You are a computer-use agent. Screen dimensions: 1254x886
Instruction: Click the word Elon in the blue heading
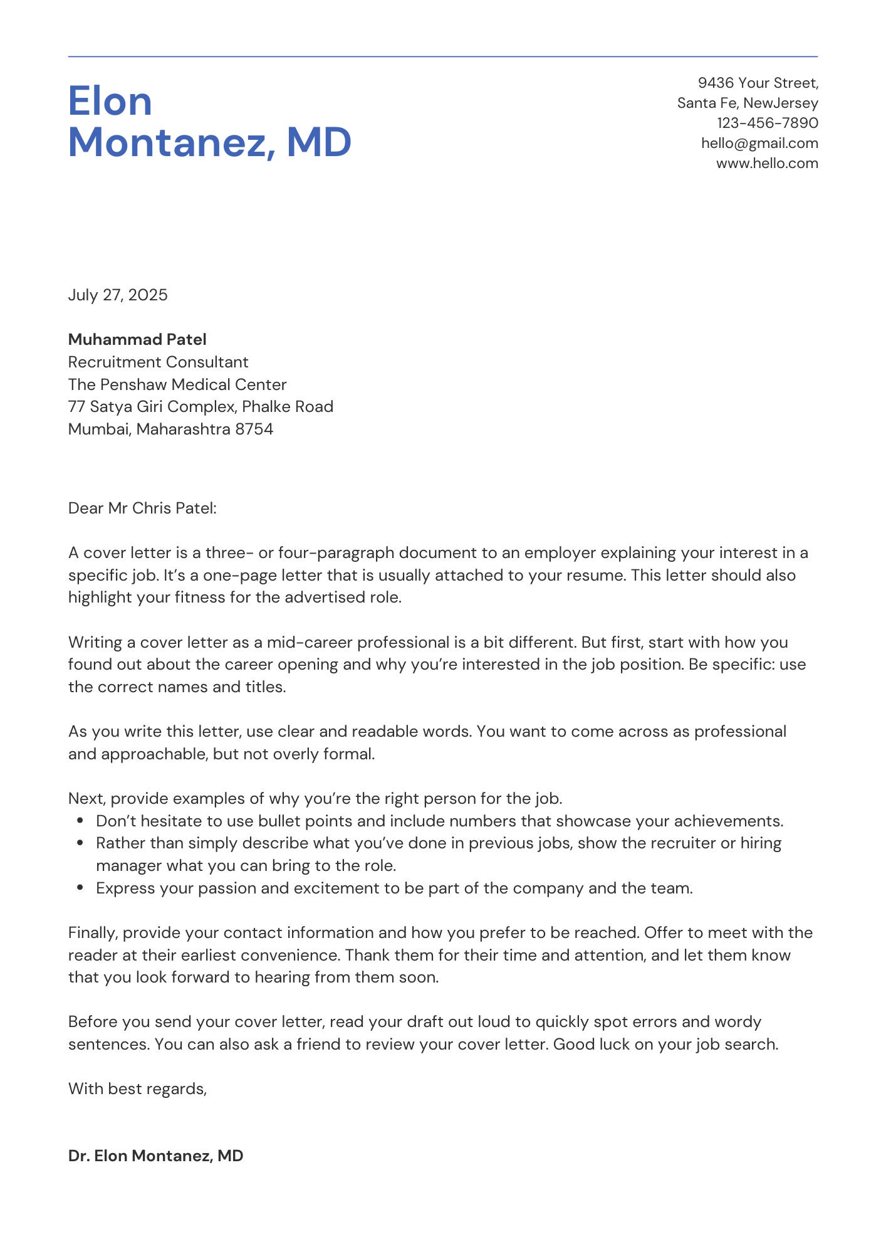(x=110, y=101)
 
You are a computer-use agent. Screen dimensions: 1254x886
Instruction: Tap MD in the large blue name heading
(x=319, y=142)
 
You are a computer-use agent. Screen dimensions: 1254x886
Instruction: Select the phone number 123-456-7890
(x=768, y=123)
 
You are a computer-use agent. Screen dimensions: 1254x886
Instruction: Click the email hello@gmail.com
(x=759, y=143)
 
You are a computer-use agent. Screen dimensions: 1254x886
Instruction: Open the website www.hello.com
(x=767, y=163)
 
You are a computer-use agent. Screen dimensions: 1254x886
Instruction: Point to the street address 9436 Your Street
(x=758, y=83)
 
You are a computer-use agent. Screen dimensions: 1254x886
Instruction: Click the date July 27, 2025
(x=118, y=295)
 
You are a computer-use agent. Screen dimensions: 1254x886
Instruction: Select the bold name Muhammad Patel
(x=137, y=339)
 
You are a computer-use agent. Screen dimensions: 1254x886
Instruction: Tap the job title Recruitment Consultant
(x=158, y=362)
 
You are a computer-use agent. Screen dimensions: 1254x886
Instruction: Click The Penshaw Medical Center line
(x=177, y=384)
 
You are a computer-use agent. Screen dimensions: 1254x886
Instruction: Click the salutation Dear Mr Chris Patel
(x=142, y=508)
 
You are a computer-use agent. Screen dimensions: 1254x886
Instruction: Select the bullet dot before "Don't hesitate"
(x=80, y=821)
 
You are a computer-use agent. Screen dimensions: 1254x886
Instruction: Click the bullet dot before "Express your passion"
(x=80, y=888)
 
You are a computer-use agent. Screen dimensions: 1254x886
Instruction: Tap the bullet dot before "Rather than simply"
(x=80, y=843)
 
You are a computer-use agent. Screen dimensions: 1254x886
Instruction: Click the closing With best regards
(x=137, y=1088)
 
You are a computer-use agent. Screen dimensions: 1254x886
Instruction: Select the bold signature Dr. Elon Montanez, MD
(x=155, y=1156)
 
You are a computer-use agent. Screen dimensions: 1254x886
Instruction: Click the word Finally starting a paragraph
(x=93, y=933)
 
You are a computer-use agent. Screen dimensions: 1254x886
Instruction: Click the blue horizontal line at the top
(x=442, y=56)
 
